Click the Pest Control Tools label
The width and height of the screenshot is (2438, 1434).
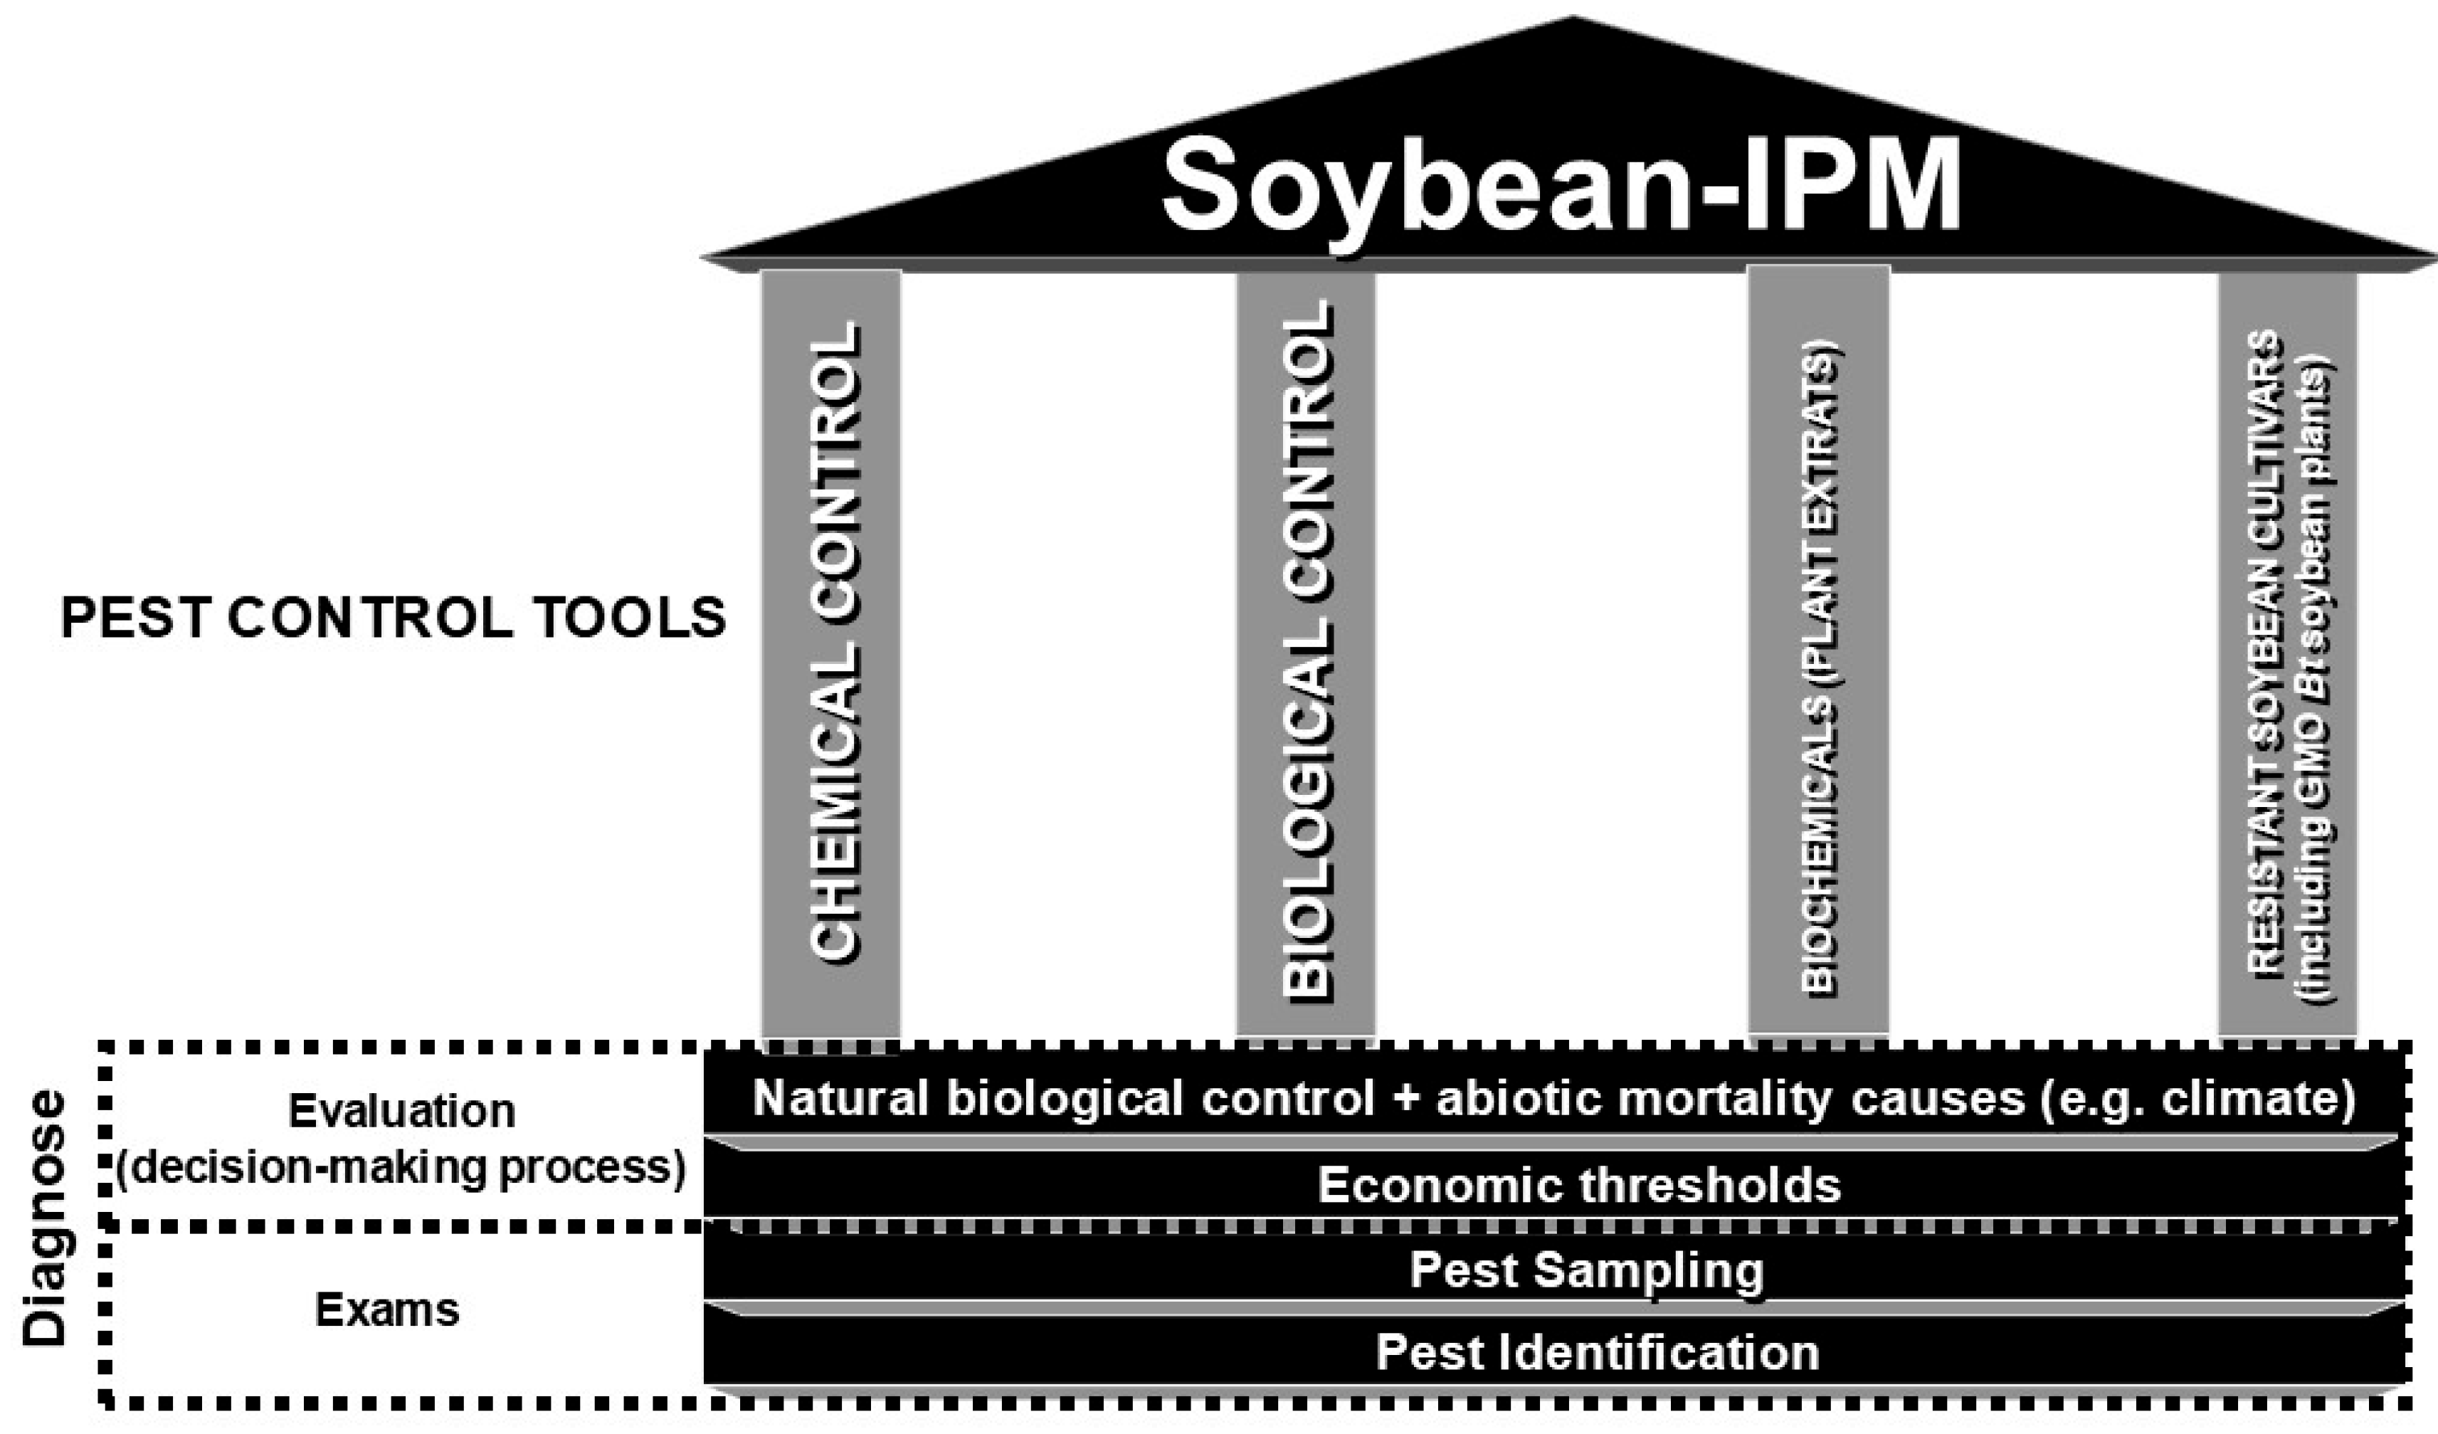[393, 617]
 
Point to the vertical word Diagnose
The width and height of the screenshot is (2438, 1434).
[46, 1218]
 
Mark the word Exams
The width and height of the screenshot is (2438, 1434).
[387, 1310]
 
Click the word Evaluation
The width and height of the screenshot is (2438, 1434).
[401, 1112]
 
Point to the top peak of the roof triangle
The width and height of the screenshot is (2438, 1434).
[1572, 19]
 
